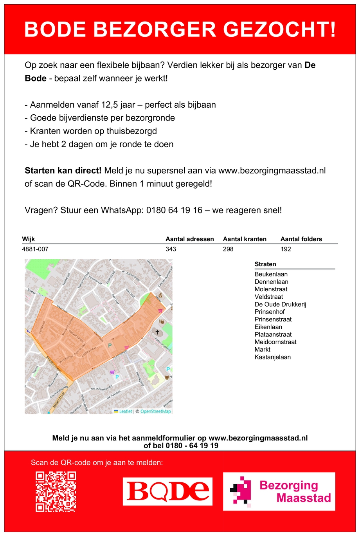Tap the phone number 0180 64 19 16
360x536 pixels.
click(x=175, y=210)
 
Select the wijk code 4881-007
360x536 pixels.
click(x=35, y=249)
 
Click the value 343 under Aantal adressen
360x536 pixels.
click(x=171, y=249)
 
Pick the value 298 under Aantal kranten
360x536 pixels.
click(x=228, y=249)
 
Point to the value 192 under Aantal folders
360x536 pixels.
click(x=286, y=249)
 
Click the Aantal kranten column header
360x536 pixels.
click(x=245, y=239)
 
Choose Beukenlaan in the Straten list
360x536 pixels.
click(x=271, y=274)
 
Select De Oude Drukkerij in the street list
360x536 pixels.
click(x=280, y=304)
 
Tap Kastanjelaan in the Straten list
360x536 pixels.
click(x=272, y=357)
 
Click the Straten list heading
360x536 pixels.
click(x=265, y=264)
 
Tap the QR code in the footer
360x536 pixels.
click(x=56, y=491)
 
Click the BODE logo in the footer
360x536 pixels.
click(x=167, y=491)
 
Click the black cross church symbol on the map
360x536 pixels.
click(x=158, y=332)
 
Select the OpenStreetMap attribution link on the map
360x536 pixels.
click(x=155, y=411)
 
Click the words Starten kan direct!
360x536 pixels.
click(x=63, y=171)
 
